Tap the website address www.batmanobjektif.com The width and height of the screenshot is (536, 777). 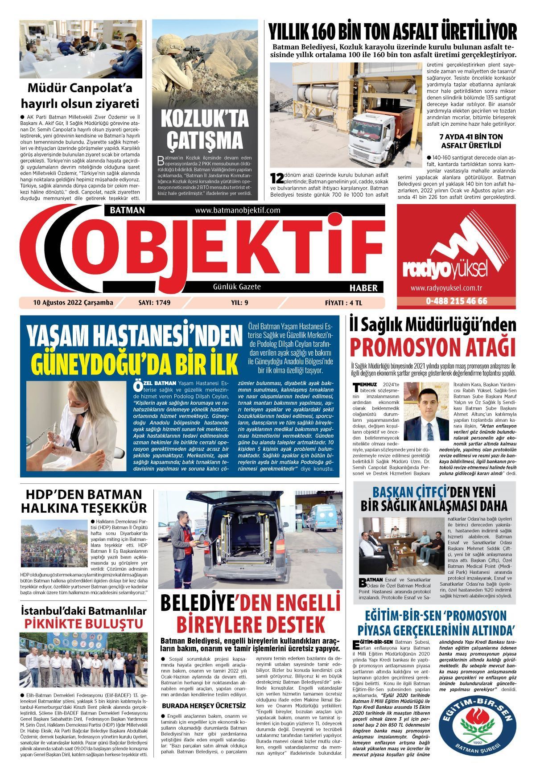(x=237, y=210)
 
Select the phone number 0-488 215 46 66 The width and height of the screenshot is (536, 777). (x=456, y=301)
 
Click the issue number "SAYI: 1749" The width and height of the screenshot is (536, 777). (x=155, y=303)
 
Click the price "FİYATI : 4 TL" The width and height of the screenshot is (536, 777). (x=343, y=303)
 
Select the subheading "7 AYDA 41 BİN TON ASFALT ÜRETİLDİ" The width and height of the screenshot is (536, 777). (x=471, y=141)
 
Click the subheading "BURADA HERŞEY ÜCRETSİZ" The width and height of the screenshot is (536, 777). (x=204, y=706)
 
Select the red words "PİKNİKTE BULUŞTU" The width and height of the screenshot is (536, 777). (x=84, y=623)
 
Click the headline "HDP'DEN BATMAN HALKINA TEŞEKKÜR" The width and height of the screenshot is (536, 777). (x=84, y=501)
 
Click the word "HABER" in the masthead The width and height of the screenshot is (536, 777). (x=363, y=288)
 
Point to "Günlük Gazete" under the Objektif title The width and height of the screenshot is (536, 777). (x=237, y=287)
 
